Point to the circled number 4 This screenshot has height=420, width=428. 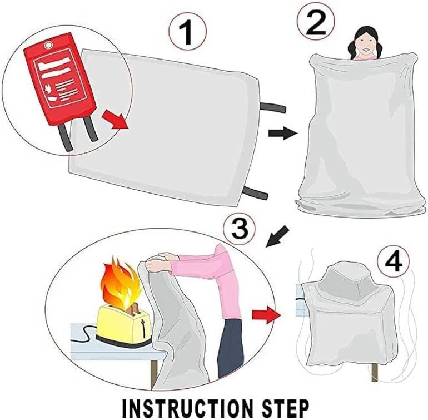(x=394, y=261)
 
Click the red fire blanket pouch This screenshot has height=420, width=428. (x=60, y=79)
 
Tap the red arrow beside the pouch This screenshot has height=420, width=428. (x=115, y=119)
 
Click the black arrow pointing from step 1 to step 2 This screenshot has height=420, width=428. (x=283, y=133)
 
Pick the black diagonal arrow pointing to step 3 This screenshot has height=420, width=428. (x=277, y=236)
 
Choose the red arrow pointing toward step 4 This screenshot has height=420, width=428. (x=266, y=315)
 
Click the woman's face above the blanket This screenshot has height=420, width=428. (x=364, y=45)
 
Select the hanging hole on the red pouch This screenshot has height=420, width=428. (x=49, y=45)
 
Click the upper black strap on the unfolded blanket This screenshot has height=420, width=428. (x=273, y=107)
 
